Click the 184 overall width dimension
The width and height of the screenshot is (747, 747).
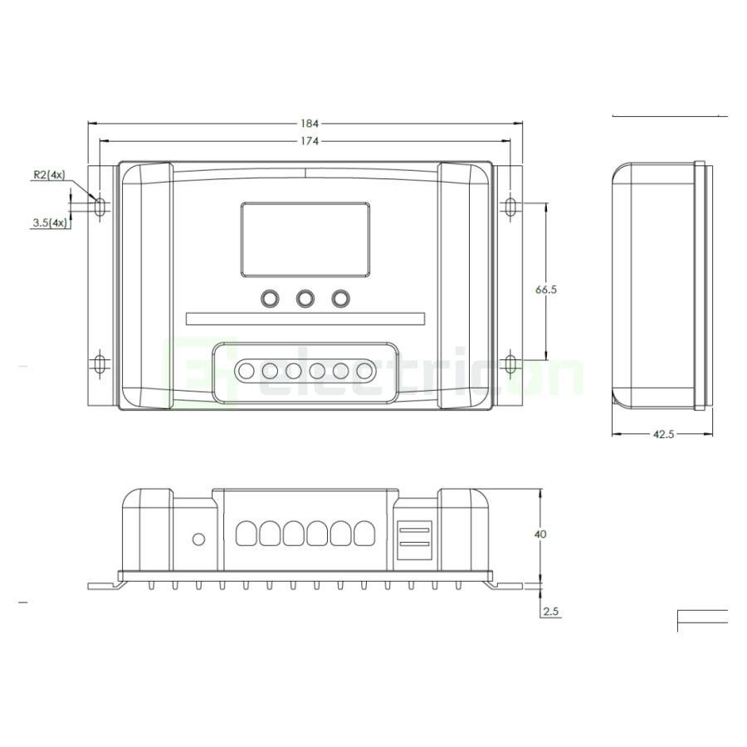click(305, 123)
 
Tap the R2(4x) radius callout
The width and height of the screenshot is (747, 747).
click(47, 175)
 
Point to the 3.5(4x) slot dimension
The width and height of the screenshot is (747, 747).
click(47, 222)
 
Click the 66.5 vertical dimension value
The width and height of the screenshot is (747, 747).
click(545, 290)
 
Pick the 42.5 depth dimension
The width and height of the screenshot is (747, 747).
click(662, 434)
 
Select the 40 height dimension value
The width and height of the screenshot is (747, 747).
click(540, 535)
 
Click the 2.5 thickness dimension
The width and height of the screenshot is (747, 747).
click(550, 612)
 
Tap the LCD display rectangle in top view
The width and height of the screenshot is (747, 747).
click(305, 240)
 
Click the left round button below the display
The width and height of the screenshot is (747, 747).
click(269, 297)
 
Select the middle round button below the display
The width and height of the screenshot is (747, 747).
click(305, 297)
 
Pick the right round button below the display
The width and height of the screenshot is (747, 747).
click(340, 297)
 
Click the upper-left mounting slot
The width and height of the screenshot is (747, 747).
click(100, 206)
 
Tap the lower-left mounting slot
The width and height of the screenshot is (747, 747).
click(100, 364)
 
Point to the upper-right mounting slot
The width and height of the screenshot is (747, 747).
click(510, 206)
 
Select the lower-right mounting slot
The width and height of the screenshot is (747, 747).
click(510, 364)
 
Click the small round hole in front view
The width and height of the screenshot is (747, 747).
click(198, 539)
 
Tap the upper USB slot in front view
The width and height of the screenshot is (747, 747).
click(414, 528)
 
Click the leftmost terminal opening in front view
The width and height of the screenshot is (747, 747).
click(246, 533)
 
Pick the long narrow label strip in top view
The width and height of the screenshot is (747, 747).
click(305, 320)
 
